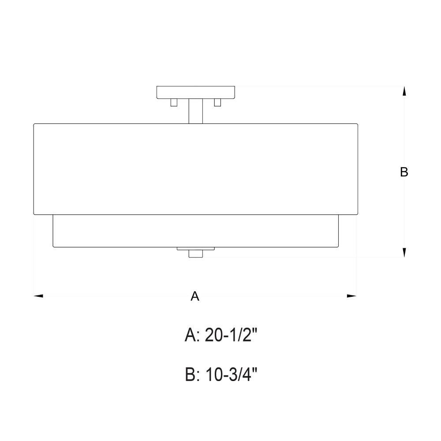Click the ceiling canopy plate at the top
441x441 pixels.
pos(196,92)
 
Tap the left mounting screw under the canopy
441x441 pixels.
pos(174,102)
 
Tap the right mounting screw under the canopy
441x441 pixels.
pos(217,102)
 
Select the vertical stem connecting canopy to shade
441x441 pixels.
pos(196,111)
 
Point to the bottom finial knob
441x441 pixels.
pos(195,254)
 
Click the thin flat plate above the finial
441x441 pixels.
pos(195,249)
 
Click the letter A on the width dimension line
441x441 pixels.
pos(195,296)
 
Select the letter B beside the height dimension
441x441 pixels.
pos(404,172)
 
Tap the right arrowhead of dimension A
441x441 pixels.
pos(351,296)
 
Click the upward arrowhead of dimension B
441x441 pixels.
pos(404,91)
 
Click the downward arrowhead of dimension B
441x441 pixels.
pos(404,252)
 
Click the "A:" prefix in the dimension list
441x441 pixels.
pos(193,336)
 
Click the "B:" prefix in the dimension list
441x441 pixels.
pos(193,375)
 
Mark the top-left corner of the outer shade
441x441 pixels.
pos(34,124)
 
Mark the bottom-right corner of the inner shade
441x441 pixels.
pos(338,247)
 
